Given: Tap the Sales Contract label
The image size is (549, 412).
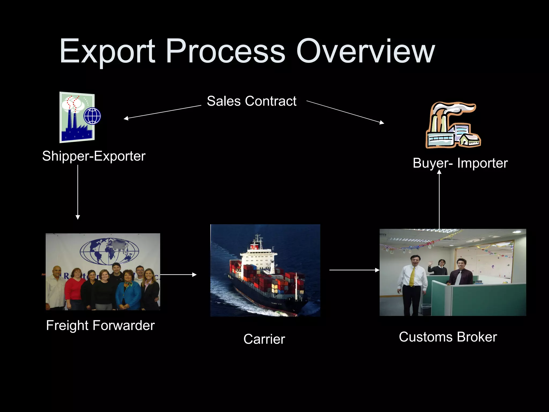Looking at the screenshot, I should tap(251, 101).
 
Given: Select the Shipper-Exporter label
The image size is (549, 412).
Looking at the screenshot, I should tap(94, 156).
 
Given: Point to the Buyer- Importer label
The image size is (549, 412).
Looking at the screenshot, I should tap(460, 163).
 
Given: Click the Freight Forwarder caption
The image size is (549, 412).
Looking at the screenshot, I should tap(100, 325).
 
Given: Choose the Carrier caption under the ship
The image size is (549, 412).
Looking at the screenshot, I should tap(264, 339).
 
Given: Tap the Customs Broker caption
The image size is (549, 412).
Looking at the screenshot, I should tap(448, 337).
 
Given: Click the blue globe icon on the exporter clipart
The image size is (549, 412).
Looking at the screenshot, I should tap(92, 116).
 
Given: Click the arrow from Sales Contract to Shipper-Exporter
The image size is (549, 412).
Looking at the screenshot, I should tap(162, 112).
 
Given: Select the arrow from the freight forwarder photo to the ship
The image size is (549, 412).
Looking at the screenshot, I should tap(178, 275).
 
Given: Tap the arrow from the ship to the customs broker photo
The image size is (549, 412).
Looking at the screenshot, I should tap(354, 270).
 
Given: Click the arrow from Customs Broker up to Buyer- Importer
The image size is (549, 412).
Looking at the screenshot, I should tap(439, 200).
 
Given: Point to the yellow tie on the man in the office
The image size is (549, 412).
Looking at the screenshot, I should tap(412, 276).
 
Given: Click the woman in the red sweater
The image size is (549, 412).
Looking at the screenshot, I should tap(76, 287).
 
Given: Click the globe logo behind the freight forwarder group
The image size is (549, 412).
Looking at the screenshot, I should tap(109, 251).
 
